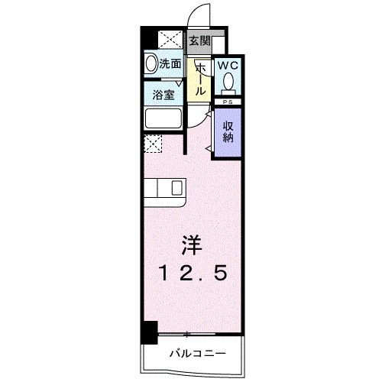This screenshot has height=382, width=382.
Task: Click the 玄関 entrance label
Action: tap(199, 41)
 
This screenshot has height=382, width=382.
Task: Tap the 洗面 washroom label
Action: tap(170, 65)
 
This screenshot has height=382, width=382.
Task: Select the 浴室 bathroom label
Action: tap(163, 96)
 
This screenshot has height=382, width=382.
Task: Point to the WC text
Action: tap(227, 66)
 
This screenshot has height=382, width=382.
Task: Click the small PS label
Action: tap(227, 102)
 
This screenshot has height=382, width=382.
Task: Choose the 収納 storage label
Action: tap(227, 132)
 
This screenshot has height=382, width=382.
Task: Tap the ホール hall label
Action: tap(200, 79)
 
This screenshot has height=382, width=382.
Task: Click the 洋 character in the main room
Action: tap(192, 246)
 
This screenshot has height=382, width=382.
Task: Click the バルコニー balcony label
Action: tap(196, 354)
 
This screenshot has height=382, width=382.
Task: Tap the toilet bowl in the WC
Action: tap(228, 83)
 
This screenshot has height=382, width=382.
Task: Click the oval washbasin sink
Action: tap(151, 65)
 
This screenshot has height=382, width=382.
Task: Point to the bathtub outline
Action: tap(162, 119)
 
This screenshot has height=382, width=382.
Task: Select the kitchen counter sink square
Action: tap(177, 188)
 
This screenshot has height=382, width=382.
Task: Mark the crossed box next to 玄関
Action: tap(170, 40)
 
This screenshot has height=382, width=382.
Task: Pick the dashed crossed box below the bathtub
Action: tap(153, 142)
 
